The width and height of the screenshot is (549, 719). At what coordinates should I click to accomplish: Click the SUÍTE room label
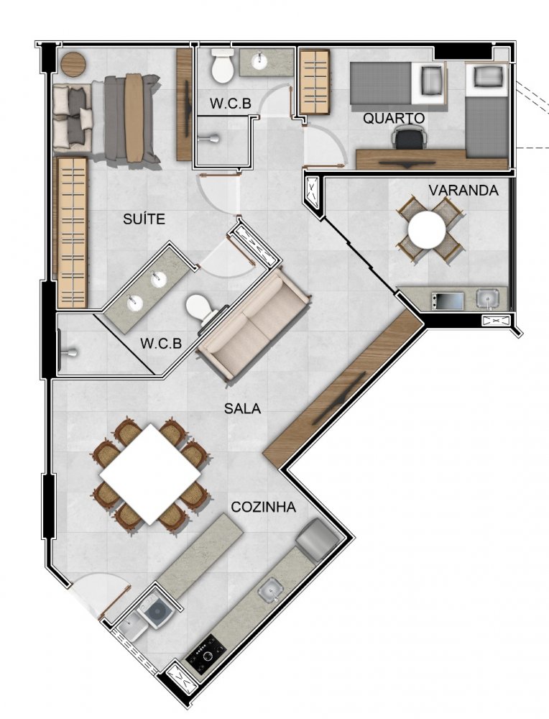(144, 219)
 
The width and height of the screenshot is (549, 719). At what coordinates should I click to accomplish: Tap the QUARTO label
(394, 119)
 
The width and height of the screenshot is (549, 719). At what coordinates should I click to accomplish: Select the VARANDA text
(463, 191)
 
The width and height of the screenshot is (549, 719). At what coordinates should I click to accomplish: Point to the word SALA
(242, 408)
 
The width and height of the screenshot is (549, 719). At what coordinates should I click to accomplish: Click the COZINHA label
(263, 507)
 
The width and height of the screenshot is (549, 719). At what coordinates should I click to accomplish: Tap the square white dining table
(151, 475)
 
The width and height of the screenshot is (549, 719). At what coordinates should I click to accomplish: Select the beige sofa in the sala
(254, 324)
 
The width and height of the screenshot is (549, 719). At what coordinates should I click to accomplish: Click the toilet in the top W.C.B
(223, 66)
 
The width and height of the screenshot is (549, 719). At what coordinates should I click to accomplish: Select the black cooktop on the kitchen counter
(206, 653)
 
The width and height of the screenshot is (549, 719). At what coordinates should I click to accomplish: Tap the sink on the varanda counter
(487, 299)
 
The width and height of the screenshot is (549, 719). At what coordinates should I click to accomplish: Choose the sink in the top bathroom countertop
(259, 61)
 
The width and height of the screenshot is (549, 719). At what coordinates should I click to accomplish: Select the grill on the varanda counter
(447, 301)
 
